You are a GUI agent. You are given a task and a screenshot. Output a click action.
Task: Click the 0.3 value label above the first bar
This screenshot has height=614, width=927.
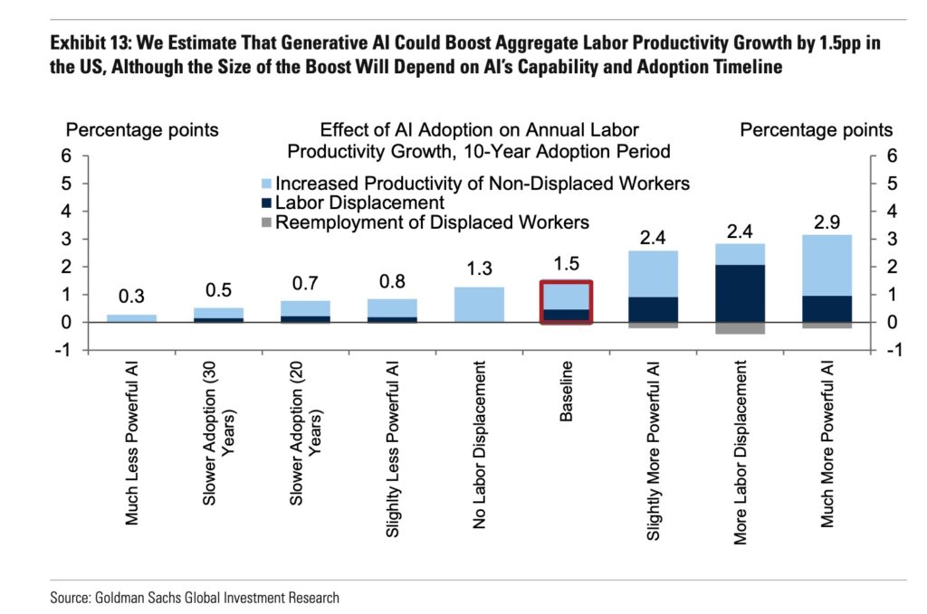point(131,297)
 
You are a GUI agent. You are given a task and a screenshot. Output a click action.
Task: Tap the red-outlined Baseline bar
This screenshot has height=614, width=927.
point(566,302)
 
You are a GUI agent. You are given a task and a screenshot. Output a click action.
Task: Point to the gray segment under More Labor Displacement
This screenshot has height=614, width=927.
point(740,328)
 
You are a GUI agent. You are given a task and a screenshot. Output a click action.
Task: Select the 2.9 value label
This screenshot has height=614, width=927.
point(827,222)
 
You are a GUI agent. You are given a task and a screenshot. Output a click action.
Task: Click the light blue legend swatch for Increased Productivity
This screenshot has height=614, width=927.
point(267,184)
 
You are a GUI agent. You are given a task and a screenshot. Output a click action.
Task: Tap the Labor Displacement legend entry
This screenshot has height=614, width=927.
point(358,203)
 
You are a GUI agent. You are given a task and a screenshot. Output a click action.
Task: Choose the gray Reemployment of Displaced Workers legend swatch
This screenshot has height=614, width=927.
point(267,222)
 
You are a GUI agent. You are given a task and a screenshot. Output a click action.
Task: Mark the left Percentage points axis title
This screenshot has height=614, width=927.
point(142,130)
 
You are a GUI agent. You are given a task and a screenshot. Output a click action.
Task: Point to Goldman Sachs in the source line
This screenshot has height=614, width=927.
point(135,598)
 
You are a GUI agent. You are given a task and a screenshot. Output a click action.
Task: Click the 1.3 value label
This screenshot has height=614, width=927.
point(479,269)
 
